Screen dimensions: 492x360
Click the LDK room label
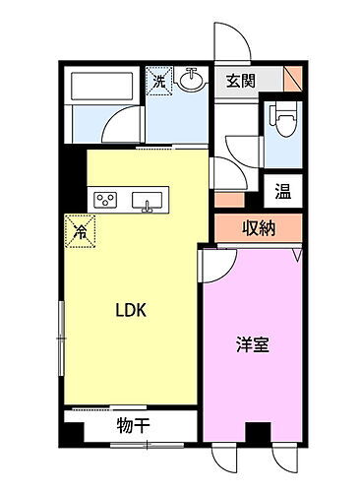[132, 311]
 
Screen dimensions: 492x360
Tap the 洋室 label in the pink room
[253, 345]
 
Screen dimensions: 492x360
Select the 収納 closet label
[255, 229]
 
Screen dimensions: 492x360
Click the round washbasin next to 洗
[192, 81]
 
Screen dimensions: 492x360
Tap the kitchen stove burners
[104, 201]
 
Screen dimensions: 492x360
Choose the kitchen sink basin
[149, 204]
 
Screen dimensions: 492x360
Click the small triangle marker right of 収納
[298, 255]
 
